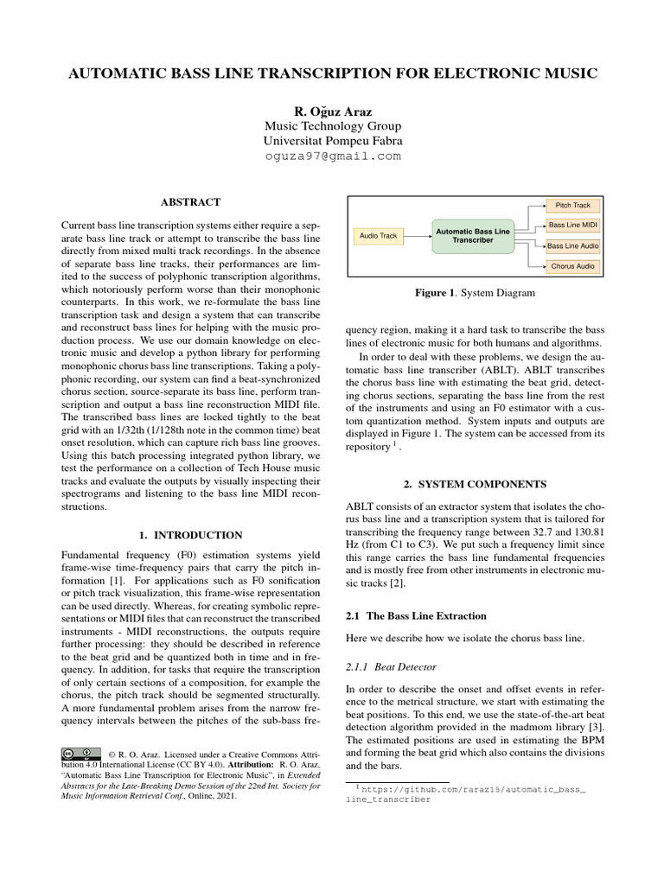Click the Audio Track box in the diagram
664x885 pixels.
click(378, 235)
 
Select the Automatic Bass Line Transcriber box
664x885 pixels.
click(473, 235)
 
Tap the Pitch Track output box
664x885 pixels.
click(571, 205)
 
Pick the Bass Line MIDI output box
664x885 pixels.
click(571, 226)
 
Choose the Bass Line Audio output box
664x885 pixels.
click(571, 246)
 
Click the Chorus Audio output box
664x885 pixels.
click(571, 266)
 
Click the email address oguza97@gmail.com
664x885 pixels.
click(332, 156)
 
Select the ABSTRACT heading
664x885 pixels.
click(191, 202)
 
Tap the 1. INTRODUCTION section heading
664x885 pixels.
click(191, 535)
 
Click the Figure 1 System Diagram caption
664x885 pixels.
click(475, 293)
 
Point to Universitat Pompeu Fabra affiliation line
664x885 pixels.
click(332, 141)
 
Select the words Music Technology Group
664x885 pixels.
click(332, 125)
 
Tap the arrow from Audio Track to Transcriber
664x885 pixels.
click(418, 235)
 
